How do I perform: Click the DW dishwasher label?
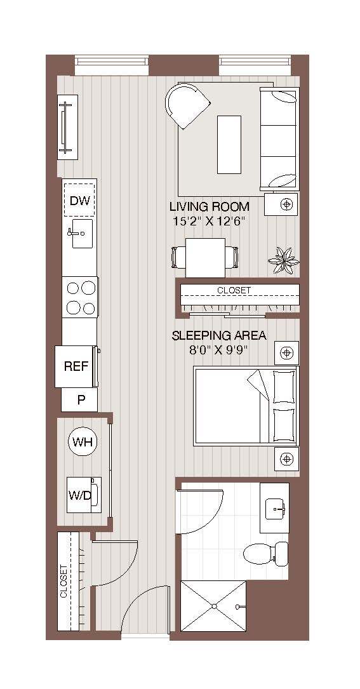[80, 201]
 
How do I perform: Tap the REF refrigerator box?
[76, 366]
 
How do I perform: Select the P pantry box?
[80, 400]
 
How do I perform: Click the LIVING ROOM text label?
[209, 207]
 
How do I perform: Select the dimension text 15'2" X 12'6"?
[209, 221]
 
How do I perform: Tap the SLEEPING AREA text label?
[219, 336]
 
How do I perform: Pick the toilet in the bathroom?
[265, 553]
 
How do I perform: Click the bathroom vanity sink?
[275, 507]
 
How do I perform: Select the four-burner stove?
[80, 297]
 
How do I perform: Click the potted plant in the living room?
[283, 260]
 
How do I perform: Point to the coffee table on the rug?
[229, 144]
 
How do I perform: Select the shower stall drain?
[214, 606]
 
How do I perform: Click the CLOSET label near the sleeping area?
[234, 290]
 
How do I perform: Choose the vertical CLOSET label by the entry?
[63, 582]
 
